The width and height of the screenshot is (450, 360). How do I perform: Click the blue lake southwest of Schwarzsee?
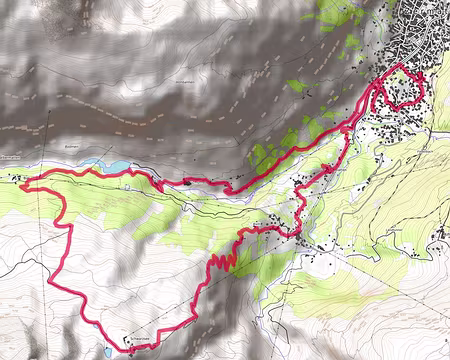pyautogui.click(x=106, y=351)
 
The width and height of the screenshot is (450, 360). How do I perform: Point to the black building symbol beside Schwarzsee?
pyautogui.click(x=128, y=337)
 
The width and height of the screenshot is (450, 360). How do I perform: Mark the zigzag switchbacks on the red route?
pyautogui.click(x=223, y=262)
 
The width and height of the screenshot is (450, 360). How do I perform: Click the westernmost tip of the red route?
pyautogui.click(x=23, y=182)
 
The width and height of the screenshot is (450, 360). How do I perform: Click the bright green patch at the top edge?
pyautogui.click(x=340, y=14)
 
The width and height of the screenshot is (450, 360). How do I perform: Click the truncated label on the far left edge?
pyautogui.click(x=8, y=157)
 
